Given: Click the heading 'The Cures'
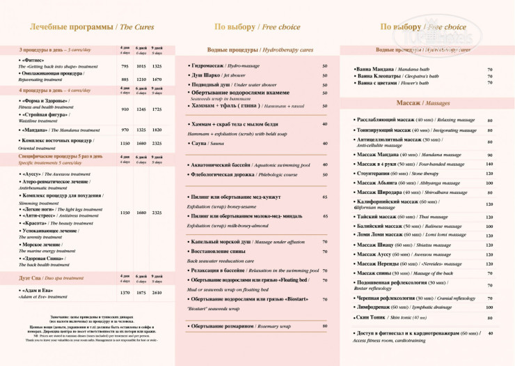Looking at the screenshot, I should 136,27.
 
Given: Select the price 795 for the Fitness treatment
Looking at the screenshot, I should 125,66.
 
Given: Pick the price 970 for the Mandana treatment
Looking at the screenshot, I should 125,130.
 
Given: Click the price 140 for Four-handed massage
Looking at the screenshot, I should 489,164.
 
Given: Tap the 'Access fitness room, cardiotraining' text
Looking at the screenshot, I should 390,340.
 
